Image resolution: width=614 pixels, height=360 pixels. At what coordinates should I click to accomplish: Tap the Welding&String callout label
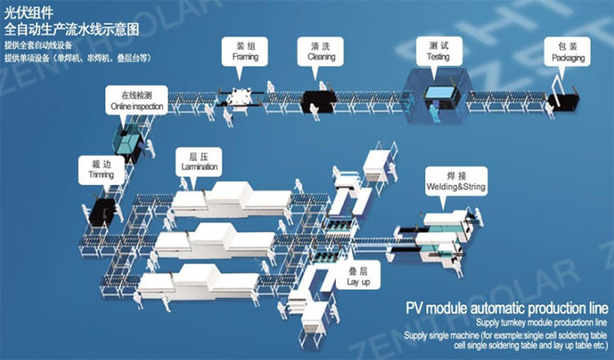tap(455, 182)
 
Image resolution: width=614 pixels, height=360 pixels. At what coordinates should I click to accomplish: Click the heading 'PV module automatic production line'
tap(507, 309)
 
